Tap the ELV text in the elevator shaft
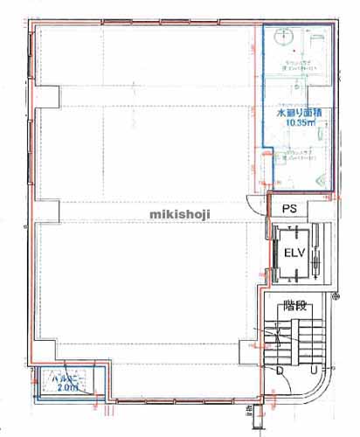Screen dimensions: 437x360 click(x=293, y=253)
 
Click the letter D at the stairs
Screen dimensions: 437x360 click(x=280, y=371)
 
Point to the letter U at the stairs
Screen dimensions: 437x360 click(x=312, y=371)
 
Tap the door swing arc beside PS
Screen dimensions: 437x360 click(x=255, y=206)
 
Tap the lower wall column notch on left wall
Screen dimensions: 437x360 click(x=50, y=211)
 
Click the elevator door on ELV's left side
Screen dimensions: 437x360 click(x=272, y=253)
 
